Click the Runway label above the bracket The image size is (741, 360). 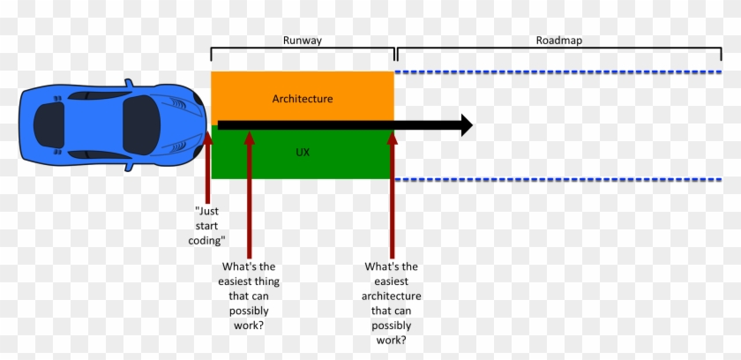[x=302, y=41]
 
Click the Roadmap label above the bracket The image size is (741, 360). [x=558, y=41]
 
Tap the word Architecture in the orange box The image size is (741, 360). [x=303, y=99]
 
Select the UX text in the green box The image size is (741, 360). [x=302, y=153]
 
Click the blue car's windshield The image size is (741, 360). [x=141, y=125]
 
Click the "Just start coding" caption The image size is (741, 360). [x=210, y=228]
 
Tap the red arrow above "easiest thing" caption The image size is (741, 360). [x=250, y=194]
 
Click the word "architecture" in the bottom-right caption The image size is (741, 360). [x=393, y=296]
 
